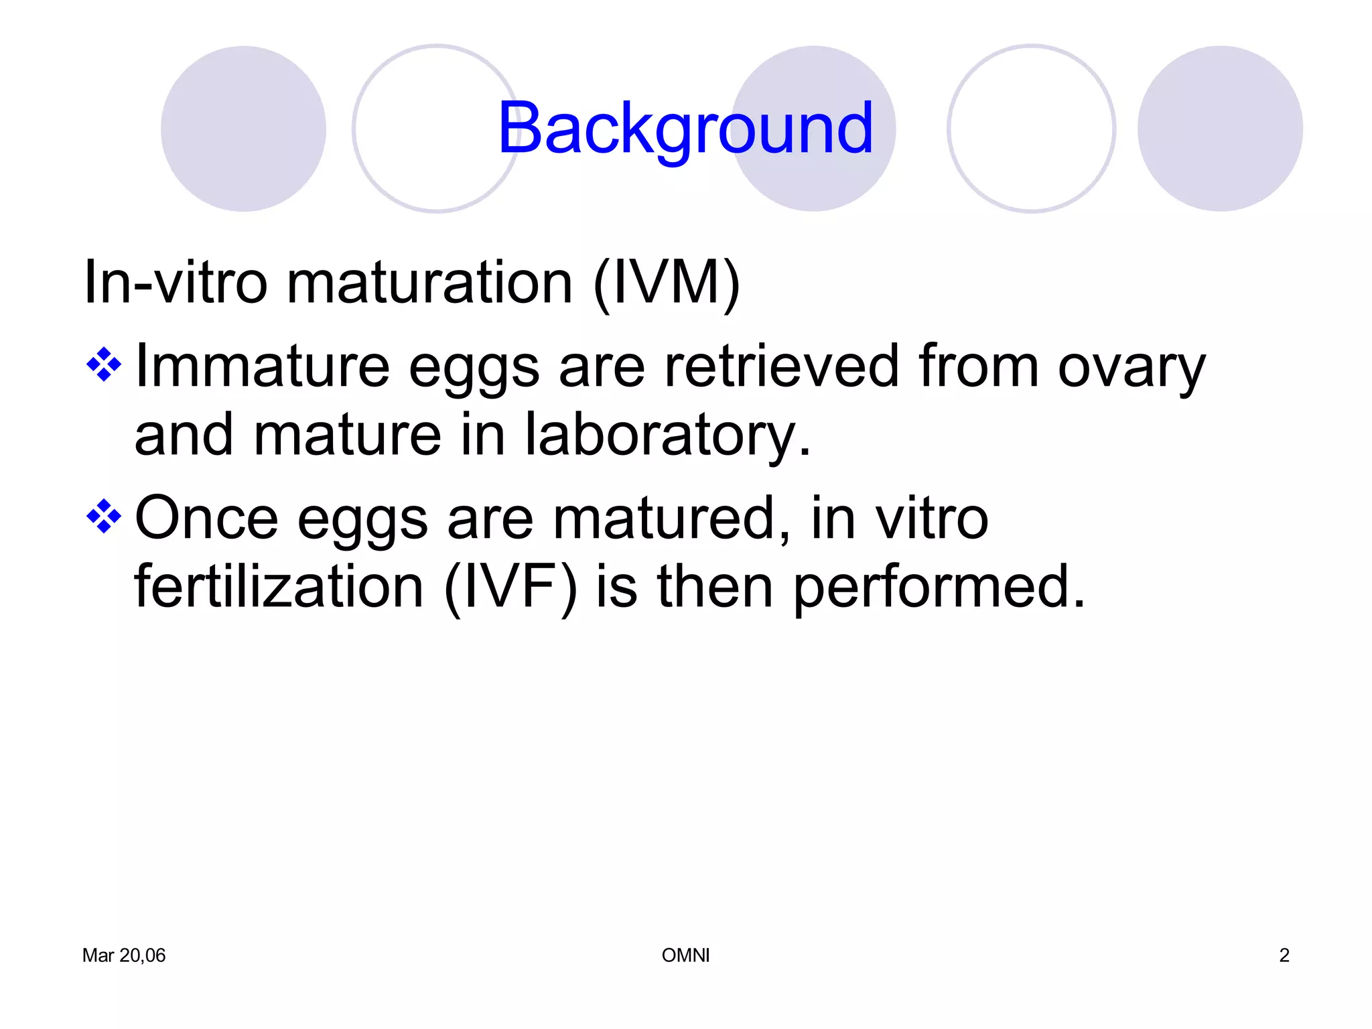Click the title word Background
[x=685, y=129]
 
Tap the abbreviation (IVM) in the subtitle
[x=667, y=283]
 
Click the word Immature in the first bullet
[x=262, y=366]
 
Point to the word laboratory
[x=667, y=436]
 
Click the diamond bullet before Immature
[x=104, y=365]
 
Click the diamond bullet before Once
[x=104, y=517]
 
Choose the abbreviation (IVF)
[x=510, y=587]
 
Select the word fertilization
[x=279, y=587]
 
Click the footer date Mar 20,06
[x=124, y=955]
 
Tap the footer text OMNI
[x=685, y=955]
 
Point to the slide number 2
[x=1284, y=955]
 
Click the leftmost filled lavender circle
[x=243, y=129]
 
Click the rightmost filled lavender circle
[x=1220, y=129]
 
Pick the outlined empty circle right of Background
[x=1031, y=129]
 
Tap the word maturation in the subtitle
[x=429, y=283]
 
